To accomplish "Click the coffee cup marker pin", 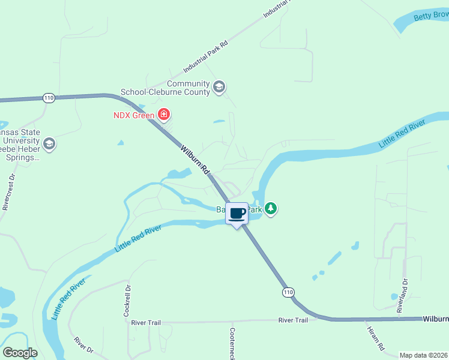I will point(237,214).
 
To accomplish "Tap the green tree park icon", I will point(271,209).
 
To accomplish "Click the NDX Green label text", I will point(134,115).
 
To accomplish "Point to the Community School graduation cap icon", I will point(219,88).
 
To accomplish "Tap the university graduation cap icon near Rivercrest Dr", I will point(49,144).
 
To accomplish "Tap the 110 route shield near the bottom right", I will point(289,292).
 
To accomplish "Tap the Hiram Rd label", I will point(375,338).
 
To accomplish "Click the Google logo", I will point(20,352).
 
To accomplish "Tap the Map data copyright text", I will point(423,355).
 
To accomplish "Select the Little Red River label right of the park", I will point(402,134).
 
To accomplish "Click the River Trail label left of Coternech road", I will point(146,323).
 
